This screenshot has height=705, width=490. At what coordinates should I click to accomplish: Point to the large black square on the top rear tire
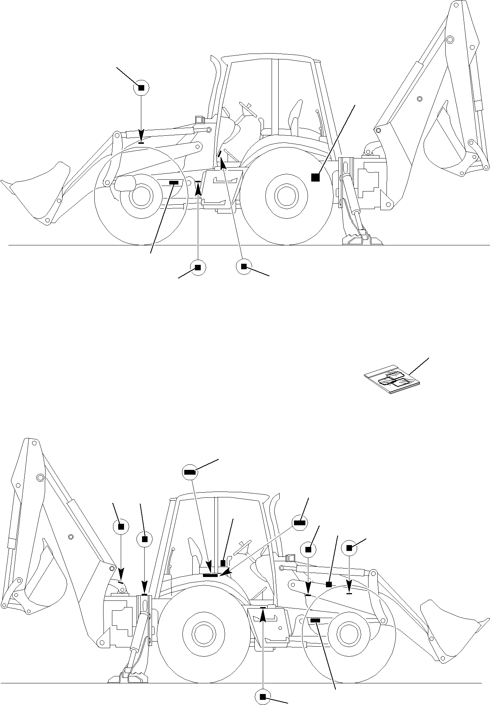[x=315, y=178]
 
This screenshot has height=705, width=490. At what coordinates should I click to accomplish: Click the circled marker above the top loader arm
[x=141, y=88]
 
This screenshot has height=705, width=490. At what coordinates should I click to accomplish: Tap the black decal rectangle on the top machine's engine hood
[x=173, y=182]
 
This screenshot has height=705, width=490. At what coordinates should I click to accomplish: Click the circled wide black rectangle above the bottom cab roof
[x=190, y=472]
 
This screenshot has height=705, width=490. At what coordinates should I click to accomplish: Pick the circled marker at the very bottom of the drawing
[x=262, y=697]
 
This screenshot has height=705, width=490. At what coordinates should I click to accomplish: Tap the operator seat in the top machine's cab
[x=295, y=117]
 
